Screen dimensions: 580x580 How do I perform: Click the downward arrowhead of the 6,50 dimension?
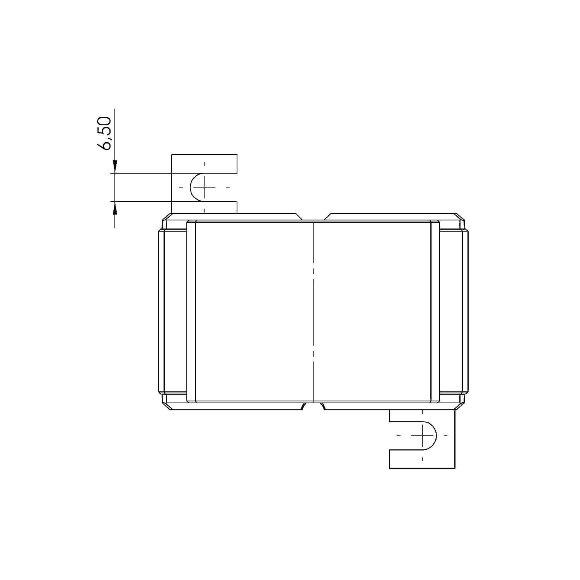point(115,167)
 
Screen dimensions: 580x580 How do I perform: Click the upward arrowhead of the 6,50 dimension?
point(115,208)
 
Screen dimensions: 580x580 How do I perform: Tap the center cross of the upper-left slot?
point(204,187)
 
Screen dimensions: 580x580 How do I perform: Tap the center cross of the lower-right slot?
point(422,436)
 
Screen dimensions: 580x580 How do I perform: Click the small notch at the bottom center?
point(313,406)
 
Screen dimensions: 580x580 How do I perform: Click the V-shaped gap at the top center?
point(313,217)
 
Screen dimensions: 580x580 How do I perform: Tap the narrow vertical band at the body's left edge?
point(191,311)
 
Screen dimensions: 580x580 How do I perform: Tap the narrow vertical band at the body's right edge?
point(435,311)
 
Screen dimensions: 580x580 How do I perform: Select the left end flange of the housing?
point(162,311)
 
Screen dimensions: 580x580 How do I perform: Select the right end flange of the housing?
point(465,311)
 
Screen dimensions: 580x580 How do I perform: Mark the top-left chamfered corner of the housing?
point(167,217)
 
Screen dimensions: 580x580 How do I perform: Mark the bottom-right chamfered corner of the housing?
point(459,406)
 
